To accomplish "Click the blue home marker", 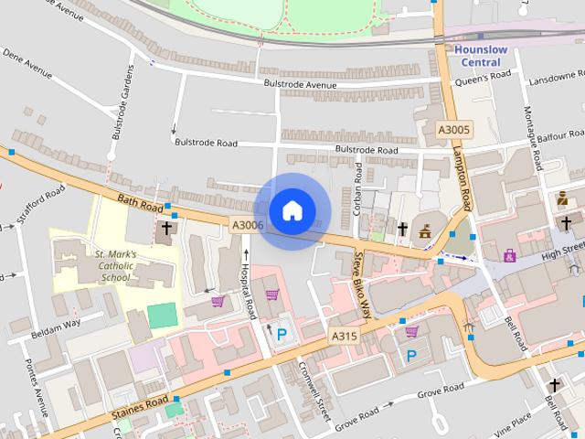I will [x=292, y=211].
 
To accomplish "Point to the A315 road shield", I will [x=345, y=337].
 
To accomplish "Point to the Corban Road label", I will [x=358, y=187].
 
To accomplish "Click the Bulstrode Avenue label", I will [x=301, y=85].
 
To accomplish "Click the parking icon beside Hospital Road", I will [x=282, y=335].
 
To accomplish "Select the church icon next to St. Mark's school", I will [x=166, y=228].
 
